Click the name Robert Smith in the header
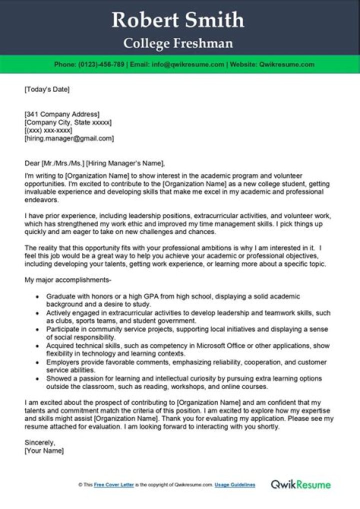pyautogui.click(x=178, y=20)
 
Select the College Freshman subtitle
pyautogui.click(x=178, y=44)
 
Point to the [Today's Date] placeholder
pyautogui.click(x=47, y=89)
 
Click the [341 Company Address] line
pyautogui.click(x=62, y=114)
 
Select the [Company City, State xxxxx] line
pyautogui.click(x=68, y=122)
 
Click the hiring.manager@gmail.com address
pyautogui.click(x=69, y=138)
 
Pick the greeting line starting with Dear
pyautogui.click(x=94, y=163)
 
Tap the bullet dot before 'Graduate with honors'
pyautogui.click(x=37, y=296)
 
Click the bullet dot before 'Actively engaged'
pyautogui.click(x=37, y=313)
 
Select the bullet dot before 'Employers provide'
pyautogui.click(x=37, y=362)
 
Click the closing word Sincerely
pyautogui.click(x=39, y=442)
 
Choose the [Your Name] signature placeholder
pyautogui.click(x=44, y=450)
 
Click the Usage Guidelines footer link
pyautogui.click(x=235, y=485)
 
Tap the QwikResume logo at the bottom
pyautogui.click(x=300, y=484)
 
